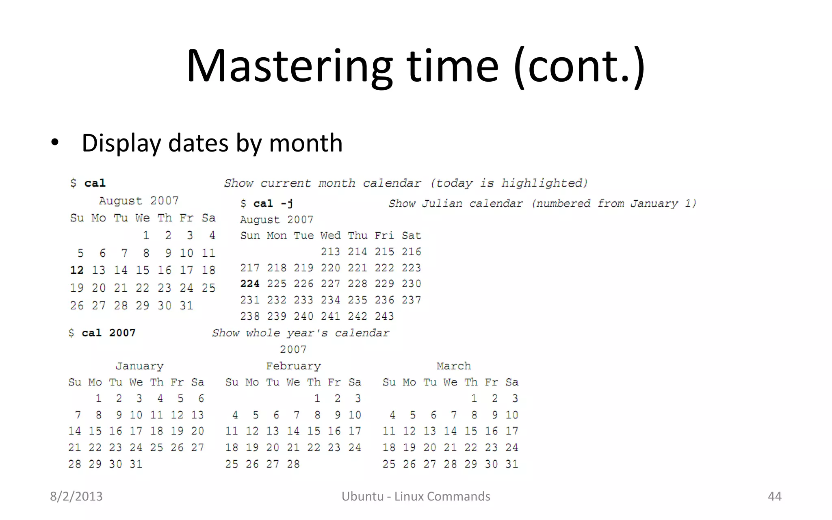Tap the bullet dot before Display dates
pos(55,143)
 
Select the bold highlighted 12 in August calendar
pos(77,270)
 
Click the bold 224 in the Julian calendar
pos(249,284)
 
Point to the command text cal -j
pos(273,203)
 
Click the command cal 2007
pos(108,333)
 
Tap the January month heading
pos(139,366)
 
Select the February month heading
pos(293,366)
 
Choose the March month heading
pos(453,366)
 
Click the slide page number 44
pos(774,496)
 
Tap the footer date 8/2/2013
pos(76,496)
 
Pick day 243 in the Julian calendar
pos(384,316)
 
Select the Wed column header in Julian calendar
pos(330,236)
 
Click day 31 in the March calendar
pos(512,464)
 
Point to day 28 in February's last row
pos(293,464)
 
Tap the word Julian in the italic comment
pos(442,203)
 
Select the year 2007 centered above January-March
pos(293,349)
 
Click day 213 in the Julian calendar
pos(330,252)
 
